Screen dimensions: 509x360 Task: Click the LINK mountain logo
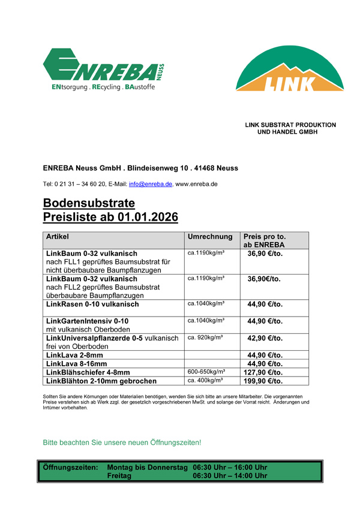pos(289,71)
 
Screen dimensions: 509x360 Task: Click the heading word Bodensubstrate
pos(89,203)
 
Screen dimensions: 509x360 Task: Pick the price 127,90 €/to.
pos(265,372)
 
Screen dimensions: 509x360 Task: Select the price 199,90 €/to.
pos(265,381)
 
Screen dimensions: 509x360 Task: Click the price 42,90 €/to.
pos(265,338)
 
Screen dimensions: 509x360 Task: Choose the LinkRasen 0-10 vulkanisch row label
pos(92,304)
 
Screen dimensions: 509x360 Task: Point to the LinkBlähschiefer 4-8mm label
pos(88,372)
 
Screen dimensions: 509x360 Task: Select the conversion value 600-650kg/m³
pos(206,372)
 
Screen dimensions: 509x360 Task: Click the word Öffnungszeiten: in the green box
pos(70,467)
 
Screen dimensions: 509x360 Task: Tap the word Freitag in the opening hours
pos(119,475)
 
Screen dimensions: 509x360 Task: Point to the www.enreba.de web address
pos(196,183)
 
